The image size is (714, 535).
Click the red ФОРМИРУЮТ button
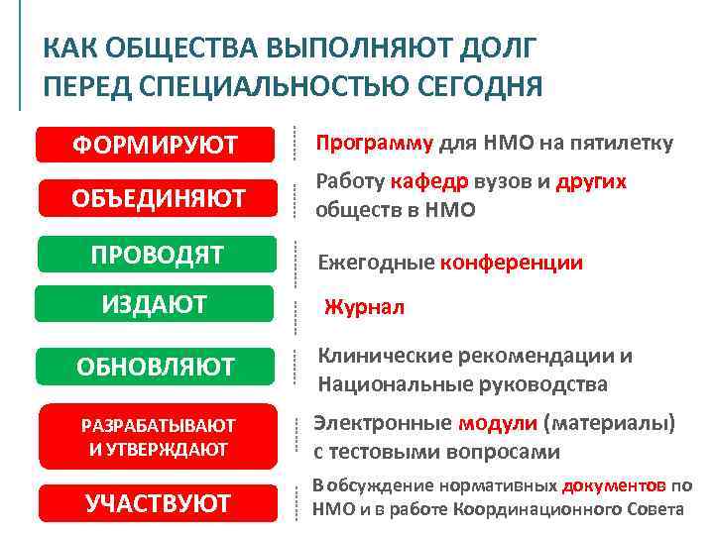coord(154,145)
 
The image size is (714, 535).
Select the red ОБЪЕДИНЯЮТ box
coord(154,197)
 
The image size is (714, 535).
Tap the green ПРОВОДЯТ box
coord(156,255)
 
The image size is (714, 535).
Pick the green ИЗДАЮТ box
coord(154,304)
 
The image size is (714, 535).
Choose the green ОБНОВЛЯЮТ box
coord(156,367)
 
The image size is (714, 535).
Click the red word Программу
coord(374,143)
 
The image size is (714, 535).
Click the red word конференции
coord(511,263)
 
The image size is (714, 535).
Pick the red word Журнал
coord(364,307)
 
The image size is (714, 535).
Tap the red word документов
coord(613,485)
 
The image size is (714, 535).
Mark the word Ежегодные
coord(376,263)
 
